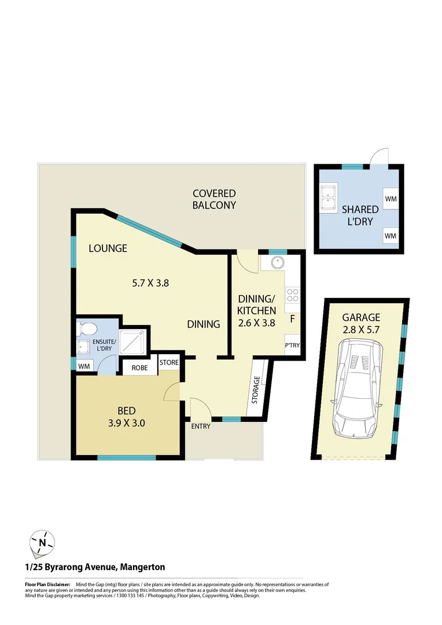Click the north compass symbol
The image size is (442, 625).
point(42,542)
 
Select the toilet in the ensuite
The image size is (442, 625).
point(87,329)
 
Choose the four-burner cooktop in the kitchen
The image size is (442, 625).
point(292,295)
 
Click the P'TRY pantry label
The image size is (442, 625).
point(292,345)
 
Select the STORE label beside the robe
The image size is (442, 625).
point(169,363)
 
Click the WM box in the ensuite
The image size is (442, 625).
point(84,365)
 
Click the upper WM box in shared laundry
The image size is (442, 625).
point(391,199)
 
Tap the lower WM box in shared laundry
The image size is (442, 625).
point(391,236)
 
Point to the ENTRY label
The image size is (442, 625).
point(201,427)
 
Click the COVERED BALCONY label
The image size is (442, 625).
point(214,199)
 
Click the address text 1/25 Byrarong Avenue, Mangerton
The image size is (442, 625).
point(94,567)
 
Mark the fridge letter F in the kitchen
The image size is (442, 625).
point(292,318)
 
